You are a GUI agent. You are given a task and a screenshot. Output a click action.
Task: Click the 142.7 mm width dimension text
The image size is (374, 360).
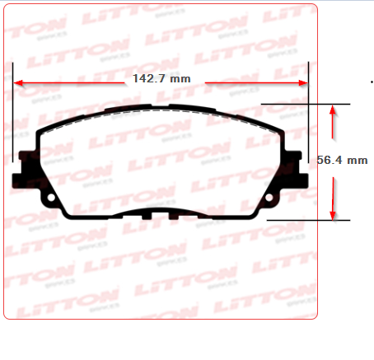point(161,79)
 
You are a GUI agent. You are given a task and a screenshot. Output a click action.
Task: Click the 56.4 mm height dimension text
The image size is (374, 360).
point(342,161)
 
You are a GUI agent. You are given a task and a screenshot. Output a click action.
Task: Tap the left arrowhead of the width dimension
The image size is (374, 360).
point(18,82)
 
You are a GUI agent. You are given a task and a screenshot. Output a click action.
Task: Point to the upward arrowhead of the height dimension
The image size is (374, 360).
point(332,110)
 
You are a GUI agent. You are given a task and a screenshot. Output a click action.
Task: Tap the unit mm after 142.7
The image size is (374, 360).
point(180,79)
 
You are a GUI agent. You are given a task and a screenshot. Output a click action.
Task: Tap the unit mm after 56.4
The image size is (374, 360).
point(357,161)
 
